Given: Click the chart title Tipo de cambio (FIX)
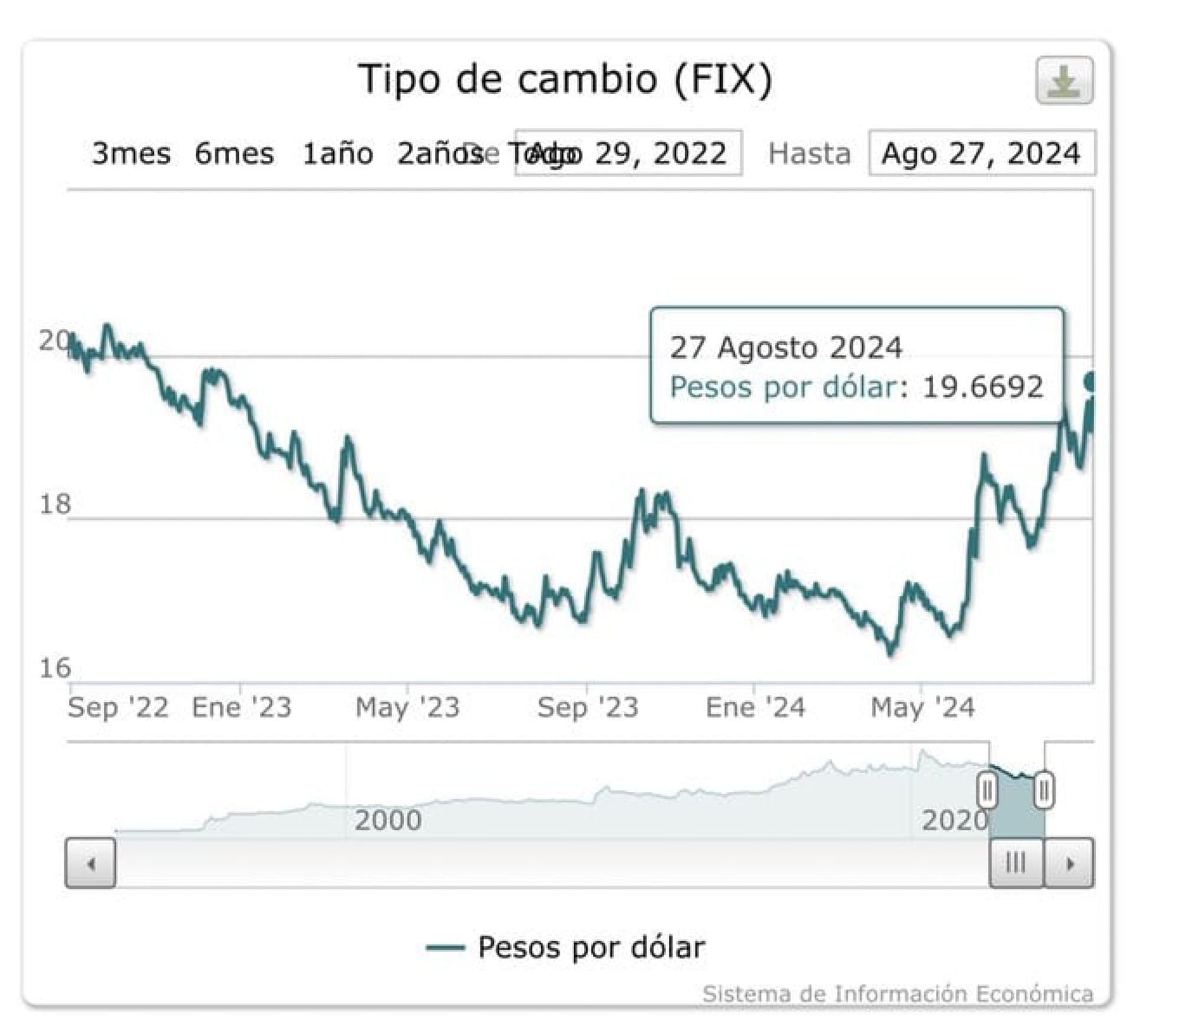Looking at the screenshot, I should coord(565,79).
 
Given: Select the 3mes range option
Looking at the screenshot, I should coord(131,154).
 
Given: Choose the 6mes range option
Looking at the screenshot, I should coord(234,154).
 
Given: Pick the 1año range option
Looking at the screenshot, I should coord(337,154).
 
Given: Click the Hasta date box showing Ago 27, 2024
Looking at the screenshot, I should coord(982,153).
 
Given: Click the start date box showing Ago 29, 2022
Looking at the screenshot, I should coord(629,153).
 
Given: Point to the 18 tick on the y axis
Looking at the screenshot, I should coord(55,504).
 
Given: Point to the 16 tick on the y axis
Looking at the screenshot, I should coord(55,668).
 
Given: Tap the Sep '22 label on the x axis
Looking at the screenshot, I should coord(118,707).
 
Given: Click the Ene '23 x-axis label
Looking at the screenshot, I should coord(242,707).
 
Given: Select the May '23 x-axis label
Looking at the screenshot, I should coord(407,707).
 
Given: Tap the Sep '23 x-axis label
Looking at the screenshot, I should coord(588,707).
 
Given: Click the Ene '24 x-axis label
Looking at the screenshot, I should coord(755,707).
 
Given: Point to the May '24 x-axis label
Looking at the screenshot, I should coord(923,707).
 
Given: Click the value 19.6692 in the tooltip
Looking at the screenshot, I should coord(983,387).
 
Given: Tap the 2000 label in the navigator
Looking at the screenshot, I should coord(388,820).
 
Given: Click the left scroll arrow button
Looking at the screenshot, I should coord(90,863).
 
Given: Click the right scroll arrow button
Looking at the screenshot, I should coord(1069,863).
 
